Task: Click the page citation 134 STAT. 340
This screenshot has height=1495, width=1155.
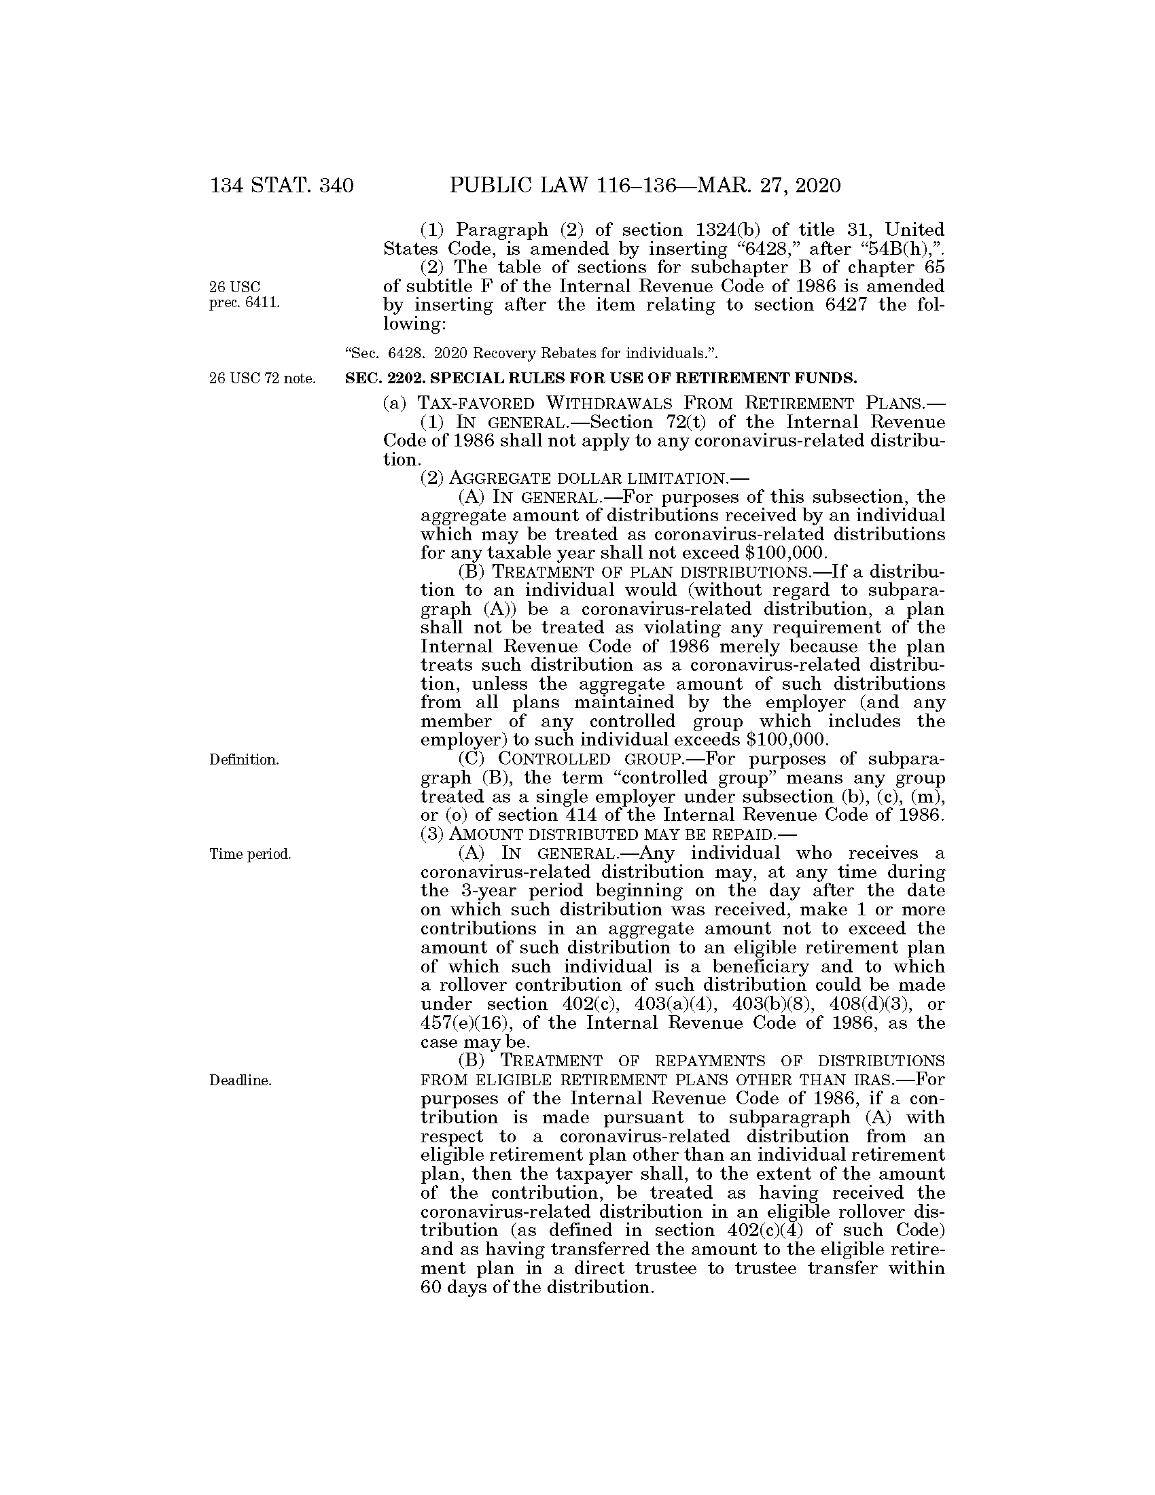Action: (282, 186)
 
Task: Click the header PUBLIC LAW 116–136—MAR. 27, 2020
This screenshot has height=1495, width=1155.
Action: (645, 186)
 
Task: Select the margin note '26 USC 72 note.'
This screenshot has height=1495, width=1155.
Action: (263, 378)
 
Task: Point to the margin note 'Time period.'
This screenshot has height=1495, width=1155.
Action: (250, 854)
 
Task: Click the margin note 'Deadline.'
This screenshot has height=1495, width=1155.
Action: (240, 1081)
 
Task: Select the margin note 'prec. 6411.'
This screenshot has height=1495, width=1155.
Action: (245, 303)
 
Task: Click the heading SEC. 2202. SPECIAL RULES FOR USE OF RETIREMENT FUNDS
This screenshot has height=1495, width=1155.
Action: (601, 378)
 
